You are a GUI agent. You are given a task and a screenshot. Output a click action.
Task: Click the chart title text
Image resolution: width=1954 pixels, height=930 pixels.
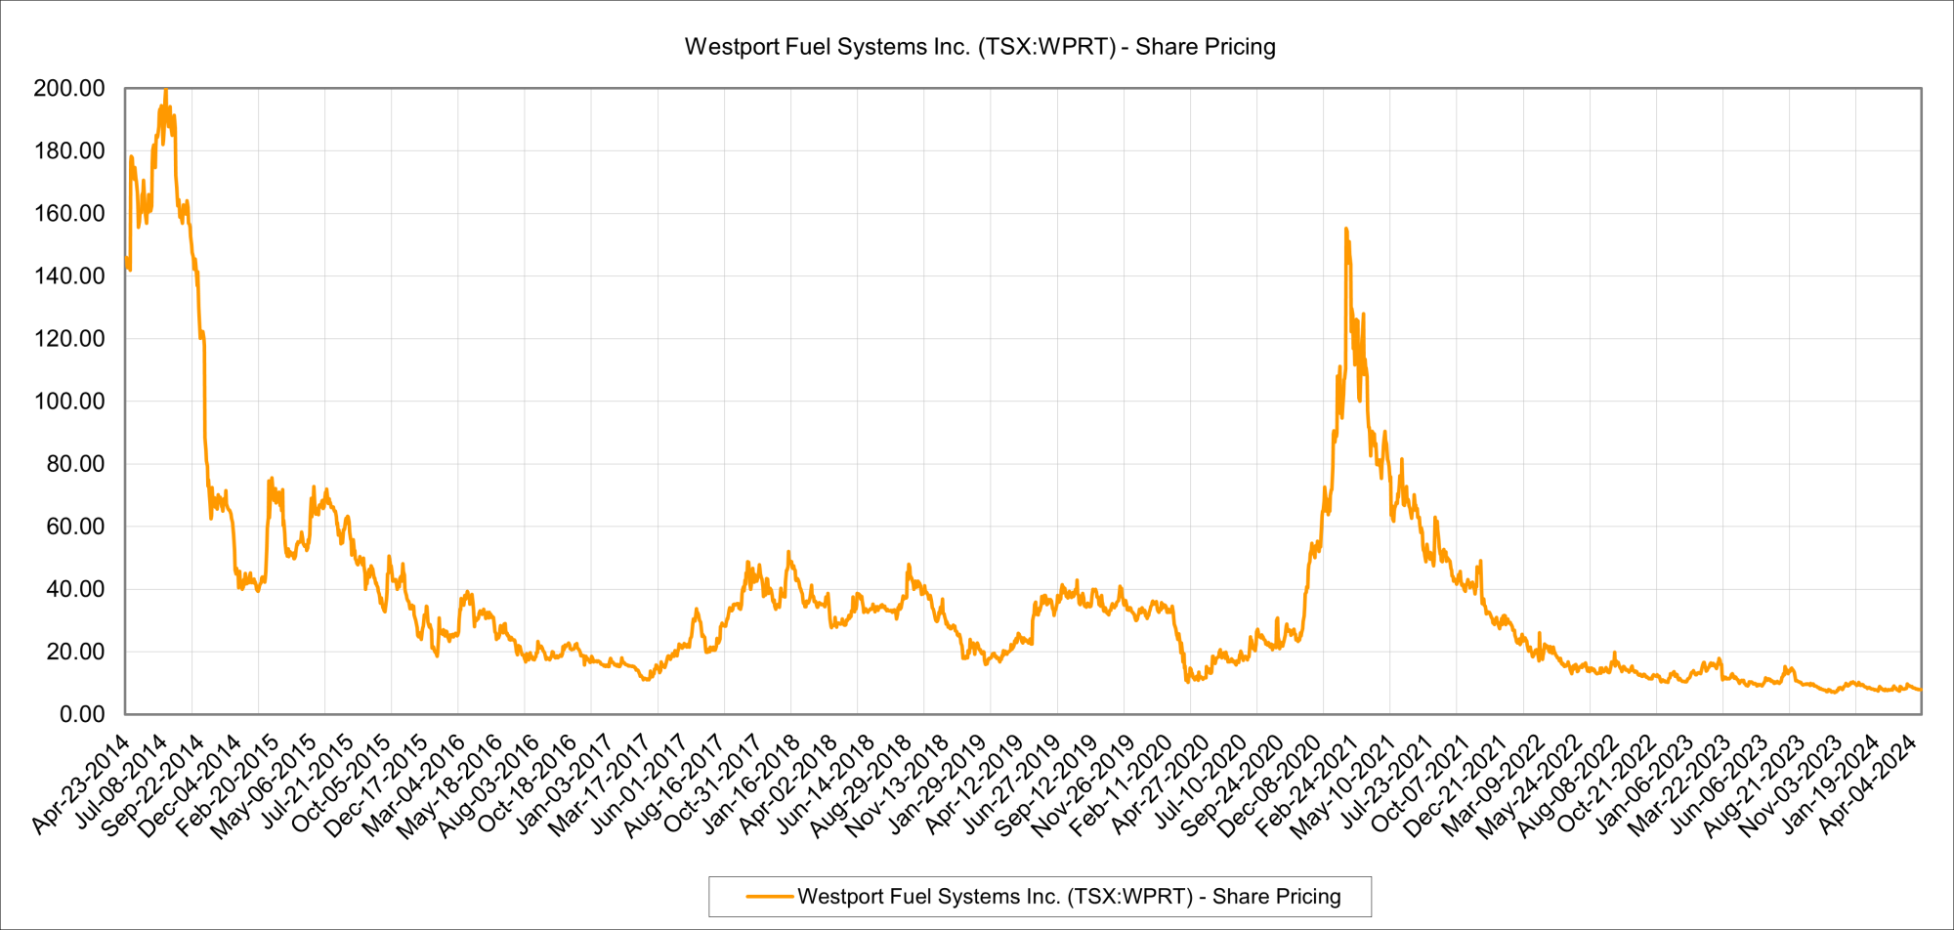[x=980, y=47]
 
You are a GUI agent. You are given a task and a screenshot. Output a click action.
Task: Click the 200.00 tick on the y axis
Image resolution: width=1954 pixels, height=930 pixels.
[x=69, y=89]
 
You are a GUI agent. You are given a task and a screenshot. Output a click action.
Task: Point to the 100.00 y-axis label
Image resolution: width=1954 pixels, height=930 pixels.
[x=69, y=402]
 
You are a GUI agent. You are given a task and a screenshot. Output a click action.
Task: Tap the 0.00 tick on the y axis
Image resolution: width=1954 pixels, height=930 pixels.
[x=82, y=714]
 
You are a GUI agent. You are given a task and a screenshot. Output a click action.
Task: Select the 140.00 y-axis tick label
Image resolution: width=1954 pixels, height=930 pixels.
[x=69, y=276]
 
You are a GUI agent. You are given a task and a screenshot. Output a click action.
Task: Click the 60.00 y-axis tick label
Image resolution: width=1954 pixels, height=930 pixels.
[x=75, y=527]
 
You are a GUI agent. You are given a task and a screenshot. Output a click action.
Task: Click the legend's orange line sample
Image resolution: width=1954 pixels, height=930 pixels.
[x=769, y=897]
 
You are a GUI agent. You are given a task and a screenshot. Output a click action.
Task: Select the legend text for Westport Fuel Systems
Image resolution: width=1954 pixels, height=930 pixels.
[x=1069, y=897]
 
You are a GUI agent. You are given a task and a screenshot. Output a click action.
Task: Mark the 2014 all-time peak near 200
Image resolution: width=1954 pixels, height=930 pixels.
[x=165, y=91]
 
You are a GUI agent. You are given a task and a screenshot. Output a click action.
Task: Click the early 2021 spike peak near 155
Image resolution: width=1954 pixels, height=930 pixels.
[x=1346, y=230]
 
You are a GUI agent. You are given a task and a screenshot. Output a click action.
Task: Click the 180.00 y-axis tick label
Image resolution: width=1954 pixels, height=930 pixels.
[x=69, y=151]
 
